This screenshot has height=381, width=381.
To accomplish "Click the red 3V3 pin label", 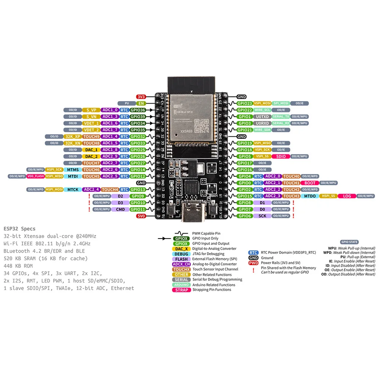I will click(141, 97).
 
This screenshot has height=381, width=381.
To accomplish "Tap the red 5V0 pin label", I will click(141, 216).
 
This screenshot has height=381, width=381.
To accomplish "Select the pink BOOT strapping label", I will click(310, 183).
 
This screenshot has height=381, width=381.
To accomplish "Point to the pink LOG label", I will click(347, 196).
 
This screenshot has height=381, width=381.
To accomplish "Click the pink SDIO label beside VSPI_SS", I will click(281, 156).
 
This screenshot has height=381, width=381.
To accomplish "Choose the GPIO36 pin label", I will click(138, 110).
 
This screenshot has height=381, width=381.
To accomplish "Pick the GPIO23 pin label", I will click(245, 103).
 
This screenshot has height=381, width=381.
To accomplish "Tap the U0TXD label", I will click(263, 117).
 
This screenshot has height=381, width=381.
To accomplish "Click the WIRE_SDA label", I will click(262, 130).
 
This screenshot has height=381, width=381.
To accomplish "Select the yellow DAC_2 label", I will click(91, 156).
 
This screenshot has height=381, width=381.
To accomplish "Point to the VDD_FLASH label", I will click(35, 176).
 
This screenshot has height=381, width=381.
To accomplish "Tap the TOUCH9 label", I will click(91, 136).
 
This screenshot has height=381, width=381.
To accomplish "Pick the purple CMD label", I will click(120, 209).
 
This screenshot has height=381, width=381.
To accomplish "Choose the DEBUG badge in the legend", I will click(181, 254).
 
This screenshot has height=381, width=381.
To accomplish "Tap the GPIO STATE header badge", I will click(349, 242).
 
